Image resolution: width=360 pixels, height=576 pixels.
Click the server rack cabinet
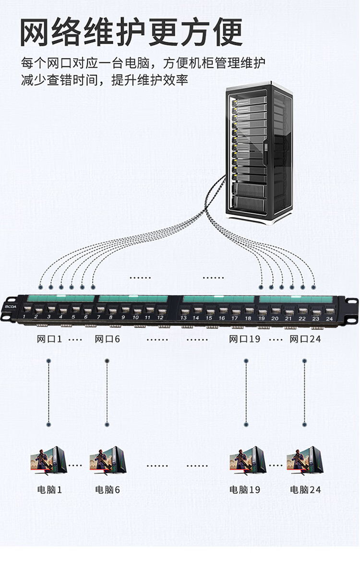(x=259, y=153)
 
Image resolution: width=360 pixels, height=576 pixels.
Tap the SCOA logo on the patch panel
(x=11, y=307)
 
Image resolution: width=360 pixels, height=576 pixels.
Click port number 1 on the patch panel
(x=26, y=308)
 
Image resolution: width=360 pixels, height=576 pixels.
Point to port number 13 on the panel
(x=184, y=311)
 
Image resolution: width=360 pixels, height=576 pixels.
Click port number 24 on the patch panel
(x=329, y=311)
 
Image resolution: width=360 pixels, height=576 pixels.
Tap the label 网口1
(x=49, y=339)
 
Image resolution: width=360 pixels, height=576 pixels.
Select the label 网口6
(x=107, y=339)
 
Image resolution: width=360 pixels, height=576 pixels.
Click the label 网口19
(x=244, y=339)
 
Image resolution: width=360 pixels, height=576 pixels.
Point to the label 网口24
(x=305, y=339)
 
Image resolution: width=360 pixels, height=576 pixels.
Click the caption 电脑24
(x=305, y=490)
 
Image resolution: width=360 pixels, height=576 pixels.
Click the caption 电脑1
(x=49, y=490)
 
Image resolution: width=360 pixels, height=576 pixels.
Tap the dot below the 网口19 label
(x=246, y=361)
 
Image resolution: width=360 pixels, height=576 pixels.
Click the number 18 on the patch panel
(x=248, y=318)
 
